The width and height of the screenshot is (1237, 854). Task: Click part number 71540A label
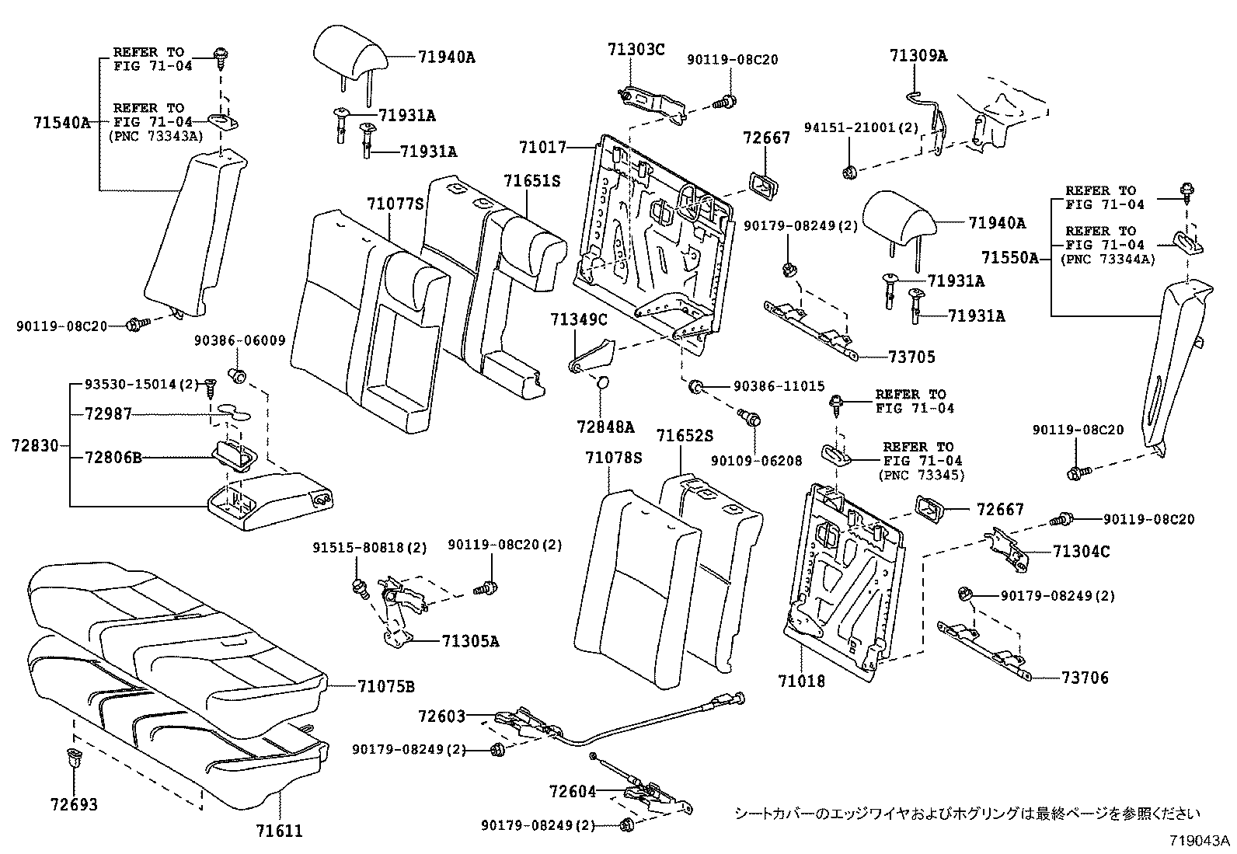[61, 122]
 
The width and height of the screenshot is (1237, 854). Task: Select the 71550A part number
[1009, 257]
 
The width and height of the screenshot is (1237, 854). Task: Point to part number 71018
[801, 681]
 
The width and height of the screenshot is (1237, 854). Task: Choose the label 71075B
[385, 686]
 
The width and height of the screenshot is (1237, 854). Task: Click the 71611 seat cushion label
[278, 831]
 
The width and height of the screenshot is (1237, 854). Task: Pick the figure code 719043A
[1200, 841]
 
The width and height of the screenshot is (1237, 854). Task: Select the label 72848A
[605, 427]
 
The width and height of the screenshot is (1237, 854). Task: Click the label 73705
[912, 357]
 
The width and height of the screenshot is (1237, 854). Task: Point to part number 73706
[1085, 678]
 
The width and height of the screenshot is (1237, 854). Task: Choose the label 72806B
[113, 458]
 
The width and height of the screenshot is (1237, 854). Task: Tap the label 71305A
[470, 641]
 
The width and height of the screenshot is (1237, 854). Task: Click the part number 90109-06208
[756, 460]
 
